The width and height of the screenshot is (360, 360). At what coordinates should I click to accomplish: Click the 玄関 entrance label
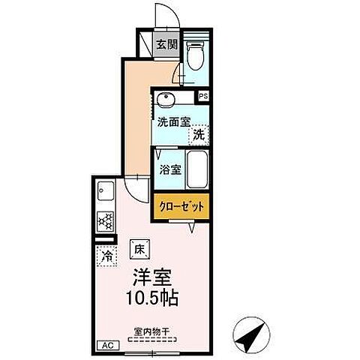[166, 45]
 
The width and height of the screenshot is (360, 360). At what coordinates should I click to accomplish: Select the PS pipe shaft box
[203, 97]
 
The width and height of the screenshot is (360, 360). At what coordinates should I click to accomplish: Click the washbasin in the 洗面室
[165, 100]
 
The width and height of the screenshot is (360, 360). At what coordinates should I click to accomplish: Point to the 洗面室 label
[174, 122]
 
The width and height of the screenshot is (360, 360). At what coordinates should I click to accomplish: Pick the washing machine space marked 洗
[199, 135]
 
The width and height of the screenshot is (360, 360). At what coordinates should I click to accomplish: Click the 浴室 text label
[170, 170]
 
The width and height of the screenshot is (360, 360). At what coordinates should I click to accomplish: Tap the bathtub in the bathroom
[197, 169]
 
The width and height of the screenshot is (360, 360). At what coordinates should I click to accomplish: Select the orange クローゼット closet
[181, 206]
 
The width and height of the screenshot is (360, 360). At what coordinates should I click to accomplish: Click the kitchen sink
[106, 190]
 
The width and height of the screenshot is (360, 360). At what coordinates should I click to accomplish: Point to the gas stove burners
[106, 221]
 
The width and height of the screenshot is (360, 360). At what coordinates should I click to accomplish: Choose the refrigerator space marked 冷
[107, 256]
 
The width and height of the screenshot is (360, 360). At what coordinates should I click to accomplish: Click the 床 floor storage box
[139, 249]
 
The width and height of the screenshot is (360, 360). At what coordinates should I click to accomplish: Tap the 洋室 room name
[152, 277]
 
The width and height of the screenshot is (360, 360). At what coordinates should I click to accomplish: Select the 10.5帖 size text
[152, 298]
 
